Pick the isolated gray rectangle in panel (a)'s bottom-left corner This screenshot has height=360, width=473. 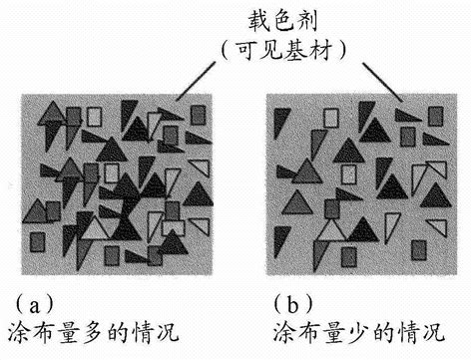[x=40, y=241]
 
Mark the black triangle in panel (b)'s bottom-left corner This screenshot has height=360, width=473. [x=282, y=239]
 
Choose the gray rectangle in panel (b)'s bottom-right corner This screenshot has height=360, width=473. [x=420, y=248]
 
